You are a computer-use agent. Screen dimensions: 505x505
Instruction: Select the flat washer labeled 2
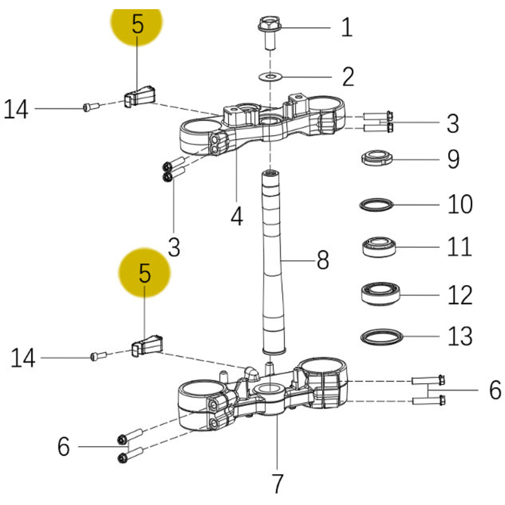[x=270, y=76]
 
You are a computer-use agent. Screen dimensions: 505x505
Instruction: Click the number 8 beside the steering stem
[x=323, y=260]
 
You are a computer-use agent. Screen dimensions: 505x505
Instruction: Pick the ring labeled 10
[x=376, y=205]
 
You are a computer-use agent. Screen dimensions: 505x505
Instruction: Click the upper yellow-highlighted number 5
[x=138, y=25]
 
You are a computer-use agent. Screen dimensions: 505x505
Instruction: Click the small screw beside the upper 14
[x=91, y=107]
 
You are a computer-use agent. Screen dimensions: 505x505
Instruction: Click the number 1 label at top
[x=347, y=28]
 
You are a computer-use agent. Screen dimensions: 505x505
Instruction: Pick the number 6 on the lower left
[x=64, y=447]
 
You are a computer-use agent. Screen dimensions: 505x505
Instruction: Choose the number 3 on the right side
[x=453, y=123]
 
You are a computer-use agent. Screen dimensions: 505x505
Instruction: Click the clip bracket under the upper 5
[x=140, y=96]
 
